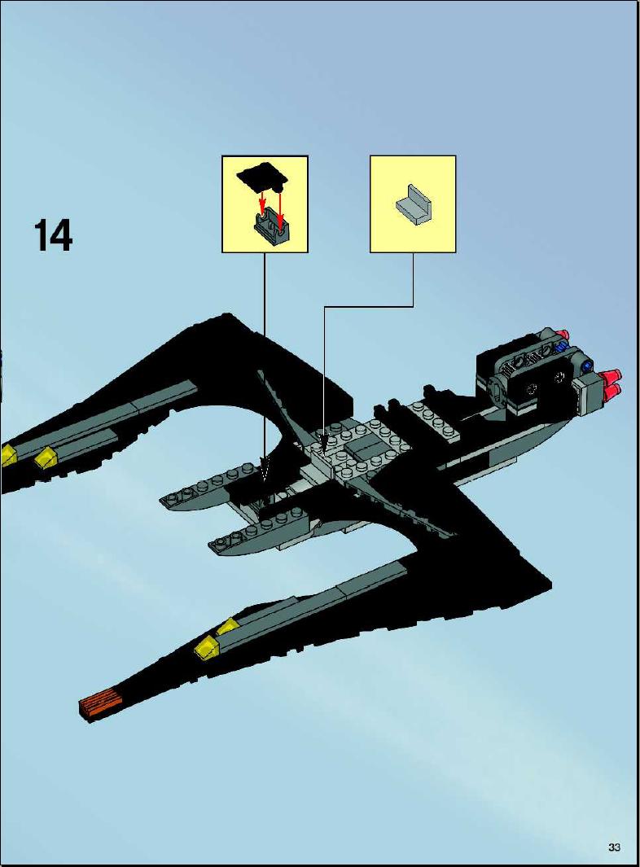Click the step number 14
54,235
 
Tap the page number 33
614,847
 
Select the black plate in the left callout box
261,176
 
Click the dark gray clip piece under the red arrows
273,226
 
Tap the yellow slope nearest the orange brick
206,646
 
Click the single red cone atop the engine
562,334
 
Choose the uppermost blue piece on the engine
562,348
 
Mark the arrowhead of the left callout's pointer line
265,469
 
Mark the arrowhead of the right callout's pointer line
324,442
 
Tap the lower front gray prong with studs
255,532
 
